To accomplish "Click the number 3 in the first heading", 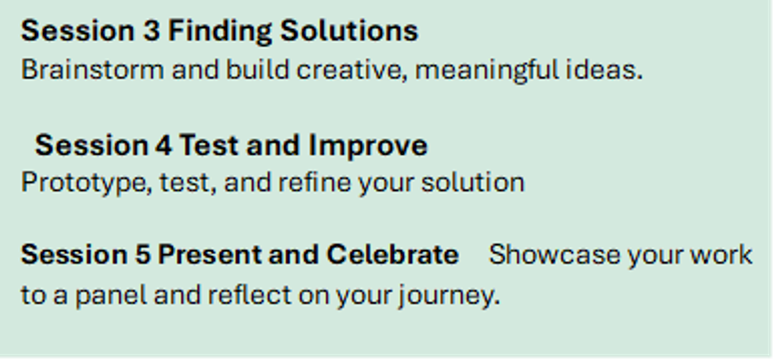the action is (x=152, y=31).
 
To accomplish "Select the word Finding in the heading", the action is (x=220, y=32).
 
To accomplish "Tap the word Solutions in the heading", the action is (x=349, y=31).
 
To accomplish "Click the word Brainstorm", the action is (x=92, y=70).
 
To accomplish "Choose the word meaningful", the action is (x=486, y=70).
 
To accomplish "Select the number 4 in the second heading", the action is (x=163, y=145).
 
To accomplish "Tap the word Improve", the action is (x=368, y=146).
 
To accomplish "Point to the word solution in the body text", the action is (x=473, y=182).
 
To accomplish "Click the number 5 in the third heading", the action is (x=143, y=255).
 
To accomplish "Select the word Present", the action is (x=210, y=255).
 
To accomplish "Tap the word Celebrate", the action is (x=393, y=254).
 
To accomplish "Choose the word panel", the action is (x=111, y=295).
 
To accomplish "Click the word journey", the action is (x=449, y=295).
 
